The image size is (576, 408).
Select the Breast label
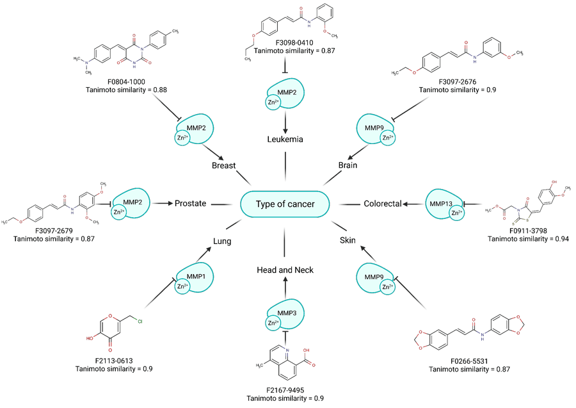point(224,165)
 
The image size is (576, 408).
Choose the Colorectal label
point(383,204)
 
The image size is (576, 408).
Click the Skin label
point(348,241)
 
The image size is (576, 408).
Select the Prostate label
point(191,204)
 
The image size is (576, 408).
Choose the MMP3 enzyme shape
point(284,312)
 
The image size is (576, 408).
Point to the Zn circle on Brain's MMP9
point(387,138)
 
